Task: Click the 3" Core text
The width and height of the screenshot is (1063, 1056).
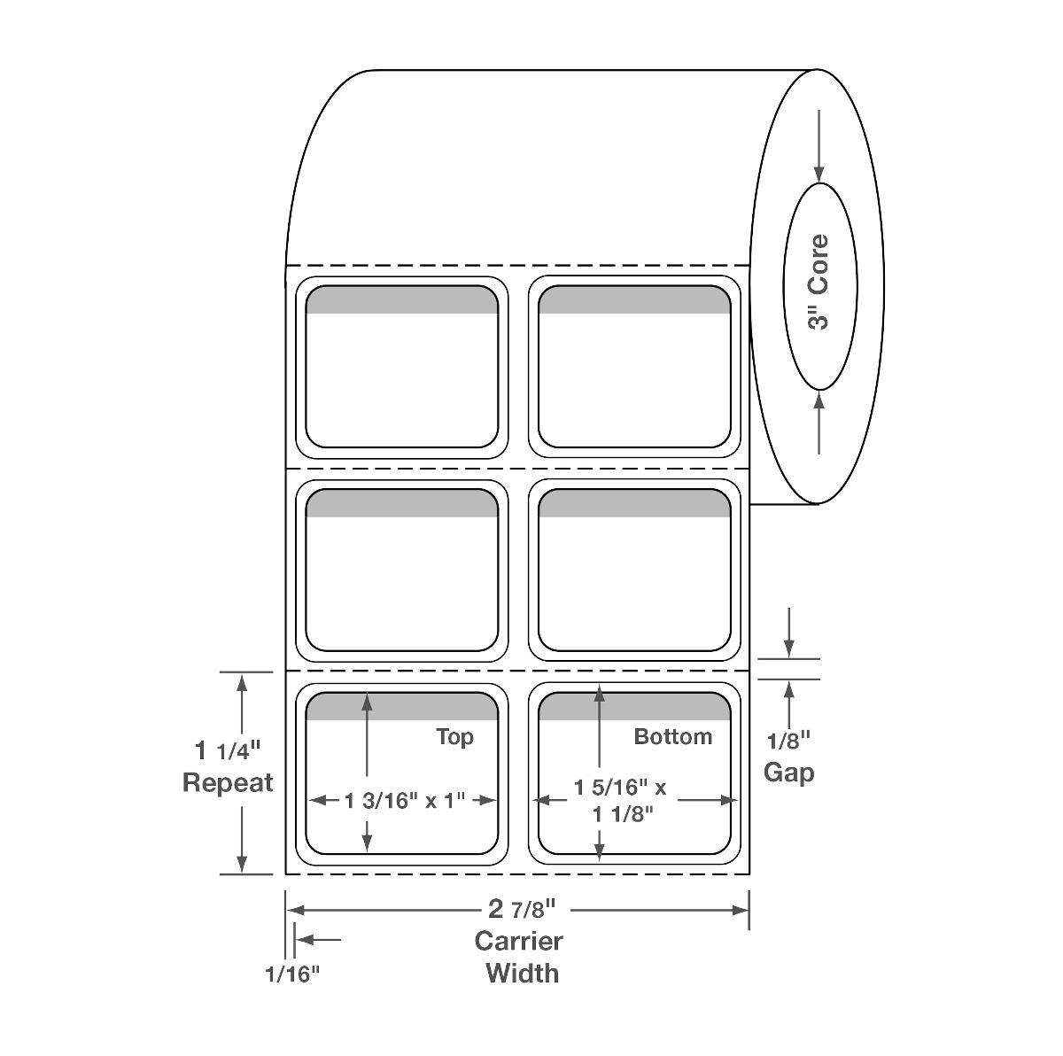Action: click(819, 282)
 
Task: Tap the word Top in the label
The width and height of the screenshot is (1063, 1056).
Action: click(454, 737)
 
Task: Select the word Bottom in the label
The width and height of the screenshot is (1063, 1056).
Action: click(673, 736)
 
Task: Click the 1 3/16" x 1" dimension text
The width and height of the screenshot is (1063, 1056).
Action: click(404, 800)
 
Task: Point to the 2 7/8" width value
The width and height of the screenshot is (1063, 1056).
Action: click(521, 909)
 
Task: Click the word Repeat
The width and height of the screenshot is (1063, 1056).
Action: click(228, 783)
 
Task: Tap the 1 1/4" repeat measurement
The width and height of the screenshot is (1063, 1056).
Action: click(228, 750)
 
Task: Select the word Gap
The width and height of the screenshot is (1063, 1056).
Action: click(789, 773)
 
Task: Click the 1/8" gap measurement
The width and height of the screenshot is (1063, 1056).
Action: click(789, 741)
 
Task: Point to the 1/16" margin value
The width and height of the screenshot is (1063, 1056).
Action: click(292, 974)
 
